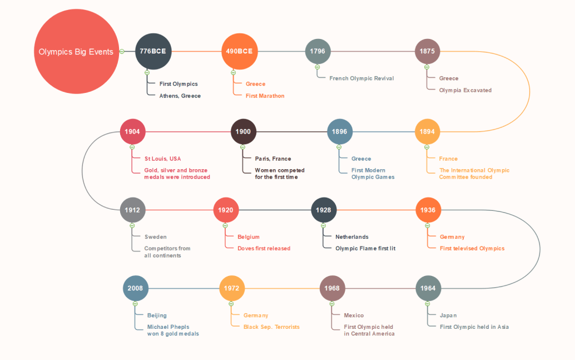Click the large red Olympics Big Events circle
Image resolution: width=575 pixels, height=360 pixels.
[x=76, y=52]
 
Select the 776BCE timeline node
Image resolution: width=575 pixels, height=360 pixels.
[x=153, y=51]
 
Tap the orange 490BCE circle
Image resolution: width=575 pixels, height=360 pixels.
[x=239, y=51]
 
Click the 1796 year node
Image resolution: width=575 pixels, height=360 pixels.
[x=318, y=51]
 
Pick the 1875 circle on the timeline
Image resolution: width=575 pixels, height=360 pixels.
[x=427, y=51]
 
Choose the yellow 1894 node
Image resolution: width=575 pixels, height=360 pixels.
[x=427, y=132]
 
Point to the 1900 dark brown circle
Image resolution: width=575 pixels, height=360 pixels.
[x=243, y=132]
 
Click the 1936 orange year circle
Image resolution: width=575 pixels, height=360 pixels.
[x=428, y=210]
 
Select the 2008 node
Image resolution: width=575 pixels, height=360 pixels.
[x=135, y=288]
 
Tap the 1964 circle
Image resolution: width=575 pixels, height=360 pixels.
[x=428, y=288]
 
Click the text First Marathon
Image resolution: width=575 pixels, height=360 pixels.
[x=265, y=96]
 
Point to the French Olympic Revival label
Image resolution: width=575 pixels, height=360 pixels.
[x=361, y=78]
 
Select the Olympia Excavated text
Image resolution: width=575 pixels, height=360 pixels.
[x=465, y=90]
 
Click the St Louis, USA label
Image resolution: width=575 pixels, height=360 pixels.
[x=162, y=159]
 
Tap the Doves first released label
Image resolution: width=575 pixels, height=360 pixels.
[x=264, y=248]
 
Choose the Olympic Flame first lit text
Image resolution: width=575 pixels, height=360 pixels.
[x=365, y=248]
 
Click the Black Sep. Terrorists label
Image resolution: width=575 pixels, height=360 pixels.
[x=271, y=327]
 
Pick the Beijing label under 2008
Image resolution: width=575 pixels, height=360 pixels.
[x=157, y=315]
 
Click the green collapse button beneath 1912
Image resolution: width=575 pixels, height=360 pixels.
[x=132, y=225]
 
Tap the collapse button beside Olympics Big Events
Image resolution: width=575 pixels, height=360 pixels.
[x=122, y=52]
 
